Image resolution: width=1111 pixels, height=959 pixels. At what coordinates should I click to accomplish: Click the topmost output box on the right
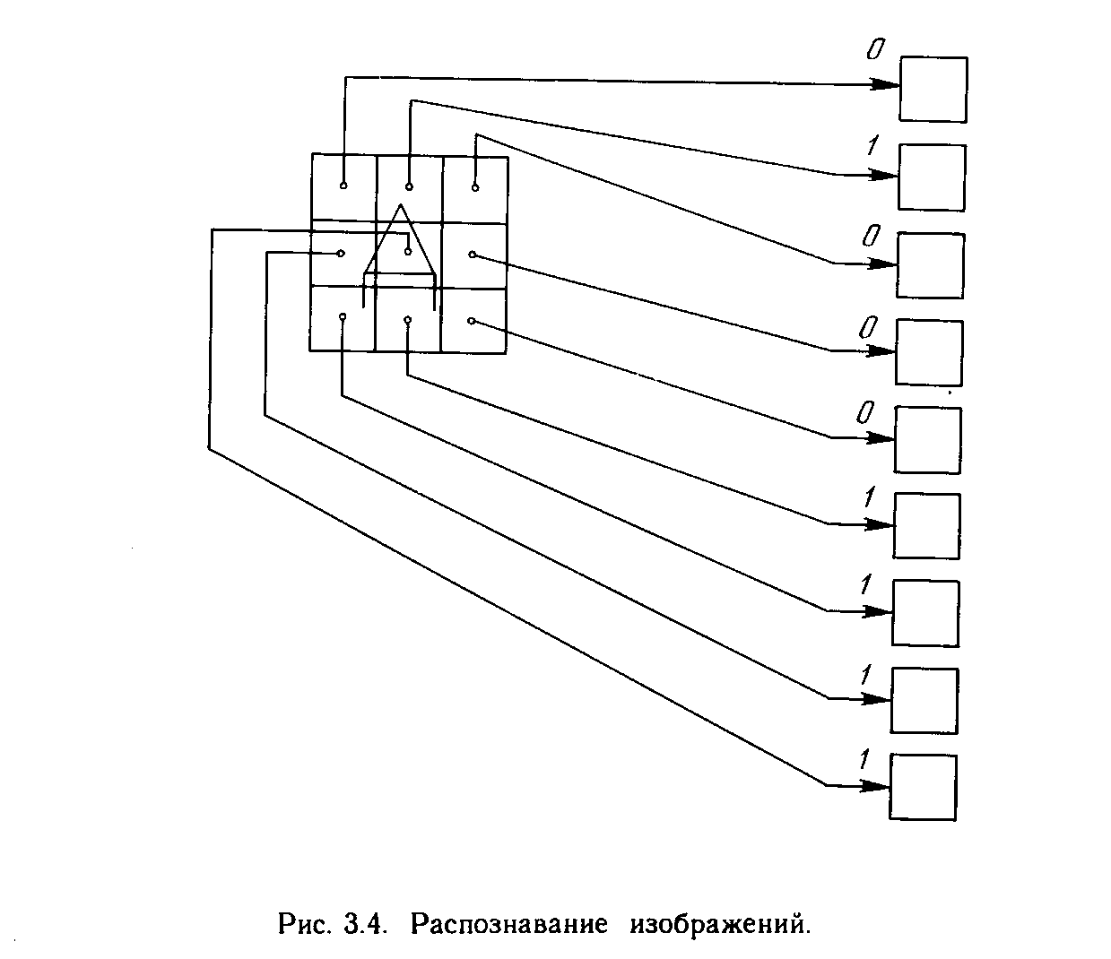pos(933,89)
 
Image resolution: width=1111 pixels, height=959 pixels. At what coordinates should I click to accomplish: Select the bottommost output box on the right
pos(923,787)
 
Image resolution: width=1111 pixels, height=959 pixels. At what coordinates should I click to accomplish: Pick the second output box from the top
pos(932,177)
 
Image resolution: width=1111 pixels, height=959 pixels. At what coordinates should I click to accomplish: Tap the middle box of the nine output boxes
pos(928,439)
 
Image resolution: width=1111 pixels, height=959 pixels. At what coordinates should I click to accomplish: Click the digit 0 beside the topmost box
pos(874,50)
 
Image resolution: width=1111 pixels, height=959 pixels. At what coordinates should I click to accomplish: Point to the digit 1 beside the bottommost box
pos(864,760)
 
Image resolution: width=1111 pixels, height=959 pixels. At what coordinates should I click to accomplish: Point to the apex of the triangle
pos(400,205)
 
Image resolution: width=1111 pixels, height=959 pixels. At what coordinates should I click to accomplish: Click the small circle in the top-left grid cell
pos(343,186)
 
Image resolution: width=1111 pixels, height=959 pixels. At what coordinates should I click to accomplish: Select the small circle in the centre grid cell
pos(408,252)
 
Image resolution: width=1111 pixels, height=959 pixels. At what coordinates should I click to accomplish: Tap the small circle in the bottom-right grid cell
pos(472,320)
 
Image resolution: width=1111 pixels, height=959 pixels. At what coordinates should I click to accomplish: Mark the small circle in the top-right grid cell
pos(474,186)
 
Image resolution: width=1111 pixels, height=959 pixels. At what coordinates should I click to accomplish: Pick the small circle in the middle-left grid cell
pos(341,253)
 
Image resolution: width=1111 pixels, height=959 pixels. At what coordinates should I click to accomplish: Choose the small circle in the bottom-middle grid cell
pos(407,319)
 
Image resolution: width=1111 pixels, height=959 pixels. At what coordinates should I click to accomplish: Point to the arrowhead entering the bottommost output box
pos(877,786)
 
